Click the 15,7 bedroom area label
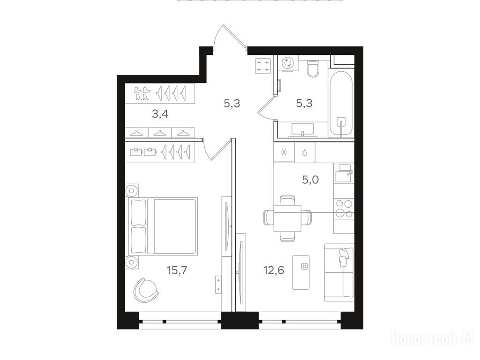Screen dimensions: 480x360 pyautogui.click(x=177, y=270)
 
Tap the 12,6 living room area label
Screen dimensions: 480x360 pyautogui.click(x=274, y=270)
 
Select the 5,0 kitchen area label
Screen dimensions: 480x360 pyautogui.click(x=310, y=180)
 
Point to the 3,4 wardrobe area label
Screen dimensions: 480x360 pyautogui.click(x=160, y=114)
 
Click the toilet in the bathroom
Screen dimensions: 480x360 pyautogui.click(x=313, y=69)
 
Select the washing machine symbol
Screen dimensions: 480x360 pyautogui.click(x=288, y=63)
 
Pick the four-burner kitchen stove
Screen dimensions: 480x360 pyautogui.click(x=344, y=209)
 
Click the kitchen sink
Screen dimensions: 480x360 pyautogui.click(x=344, y=173)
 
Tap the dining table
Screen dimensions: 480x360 pyautogui.click(x=287, y=218)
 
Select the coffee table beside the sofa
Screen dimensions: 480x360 pyautogui.click(x=301, y=272)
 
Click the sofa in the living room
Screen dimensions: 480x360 pyautogui.click(x=339, y=272)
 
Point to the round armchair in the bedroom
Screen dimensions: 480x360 pyautogui.click(x=145, y=290)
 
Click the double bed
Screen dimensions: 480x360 pyautogui.click(x=161, y=225)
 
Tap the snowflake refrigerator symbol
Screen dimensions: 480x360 pyautogui.click(x=284, y=152)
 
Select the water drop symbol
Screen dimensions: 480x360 pyautogui.click(x=305, y=152)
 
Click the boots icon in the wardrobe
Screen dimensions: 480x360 pyautogui.click(x=142, y=93)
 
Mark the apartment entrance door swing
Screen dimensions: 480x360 pyautogui.click(x=230, y=37)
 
